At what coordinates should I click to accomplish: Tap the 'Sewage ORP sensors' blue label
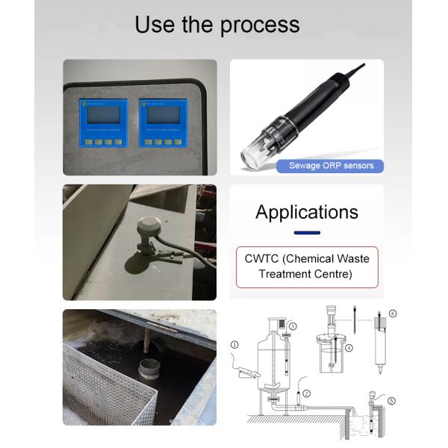pos(331,166)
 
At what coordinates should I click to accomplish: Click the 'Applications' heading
pos(306,212)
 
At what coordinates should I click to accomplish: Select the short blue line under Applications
pos(306,233)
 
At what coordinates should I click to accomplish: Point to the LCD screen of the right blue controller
pos(164,114)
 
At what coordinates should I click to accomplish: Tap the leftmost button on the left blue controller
pos(88,141)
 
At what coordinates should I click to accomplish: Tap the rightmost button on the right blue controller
pos(180,141)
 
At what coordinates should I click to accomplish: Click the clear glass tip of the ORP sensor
pos(252,155)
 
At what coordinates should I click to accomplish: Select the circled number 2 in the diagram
pos(307,392)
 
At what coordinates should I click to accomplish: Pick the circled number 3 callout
pos(293,326)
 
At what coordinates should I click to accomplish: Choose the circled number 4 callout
pos(349,348)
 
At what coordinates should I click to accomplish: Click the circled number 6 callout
pos(393,313)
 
